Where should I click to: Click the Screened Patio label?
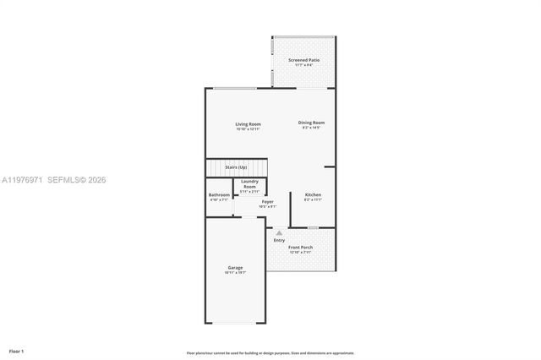(303, 60)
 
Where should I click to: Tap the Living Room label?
(248, 124)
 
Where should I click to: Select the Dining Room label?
(311, 123)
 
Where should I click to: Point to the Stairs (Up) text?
(249, 169)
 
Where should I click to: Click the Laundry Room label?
(249, 183)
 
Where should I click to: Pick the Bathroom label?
(219, 195)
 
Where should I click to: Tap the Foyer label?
(267, 201)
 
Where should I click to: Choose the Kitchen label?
(313, 195)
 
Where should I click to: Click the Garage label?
(235, 268)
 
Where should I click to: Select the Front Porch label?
(301, 248)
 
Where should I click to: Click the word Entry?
(279, 240)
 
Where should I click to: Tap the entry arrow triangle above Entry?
(280, 232)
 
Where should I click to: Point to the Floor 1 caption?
(17, 350)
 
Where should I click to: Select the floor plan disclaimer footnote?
(270, 352)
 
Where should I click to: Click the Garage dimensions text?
(235, 273)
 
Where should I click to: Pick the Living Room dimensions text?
(248, 129)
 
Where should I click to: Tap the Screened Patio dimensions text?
(303, 65)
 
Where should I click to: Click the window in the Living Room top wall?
(235, 89)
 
